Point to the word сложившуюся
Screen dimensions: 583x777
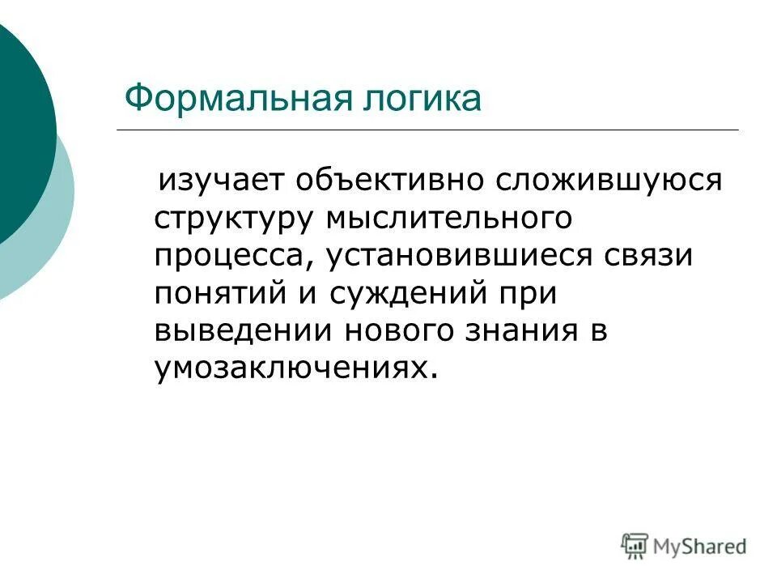pos(608,179)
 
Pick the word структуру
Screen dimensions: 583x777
pos(235,218)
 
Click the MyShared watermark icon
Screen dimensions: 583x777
pos(635,545)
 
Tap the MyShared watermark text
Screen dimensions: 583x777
pos(701,547)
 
